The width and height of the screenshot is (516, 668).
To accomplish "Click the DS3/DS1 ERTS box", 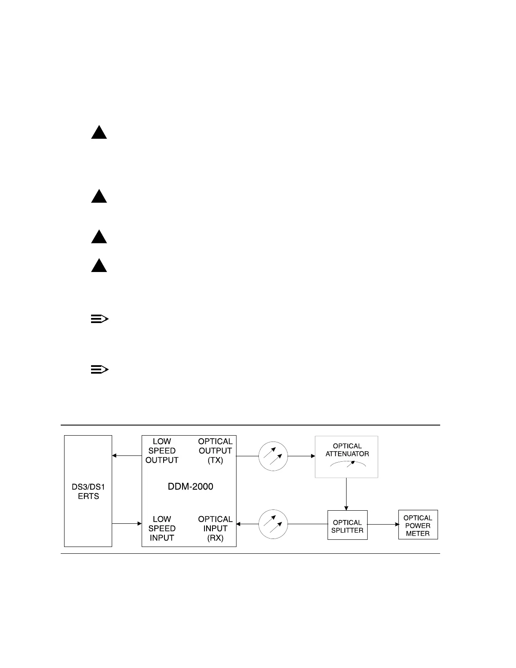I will pyautogui.click(x=88, y=491).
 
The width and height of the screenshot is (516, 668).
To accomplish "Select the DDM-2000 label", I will pyautogui.click(x=191, y=487).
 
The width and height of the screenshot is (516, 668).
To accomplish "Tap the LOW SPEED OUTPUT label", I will pyautogui.click(x=162, y=451).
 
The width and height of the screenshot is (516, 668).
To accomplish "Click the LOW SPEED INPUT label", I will pyautogui.click(x=162, y=528).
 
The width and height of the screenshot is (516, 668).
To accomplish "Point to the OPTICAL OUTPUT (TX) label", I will pyautogui.click(x=215, y=451).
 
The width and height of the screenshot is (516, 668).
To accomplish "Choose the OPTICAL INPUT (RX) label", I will pyautogui.click(x=215, y=528).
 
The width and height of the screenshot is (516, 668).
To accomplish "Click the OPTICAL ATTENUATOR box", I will pyautogui.click(x=347, y=457).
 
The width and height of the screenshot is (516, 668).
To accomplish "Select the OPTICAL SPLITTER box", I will pyautogui.click(x=347, y=525).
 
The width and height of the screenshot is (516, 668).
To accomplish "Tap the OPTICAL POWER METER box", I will pyautogui.click(x=418, y=525).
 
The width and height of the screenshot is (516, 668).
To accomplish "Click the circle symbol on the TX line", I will pyautogui.click(x=273, y=456).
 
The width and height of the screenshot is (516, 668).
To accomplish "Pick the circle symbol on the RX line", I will pyautogui.click(x=273, y=524).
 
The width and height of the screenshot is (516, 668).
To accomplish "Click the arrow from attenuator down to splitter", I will pyautogui.click(x=347, y=494).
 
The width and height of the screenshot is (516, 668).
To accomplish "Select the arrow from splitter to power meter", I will pyautogui.click(x=383, y=524).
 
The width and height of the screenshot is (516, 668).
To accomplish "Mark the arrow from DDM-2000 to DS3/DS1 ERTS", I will pyautogui.click(x=126, y=455).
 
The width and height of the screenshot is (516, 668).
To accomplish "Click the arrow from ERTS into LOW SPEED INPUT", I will pyautogui.click(x=126, y=524).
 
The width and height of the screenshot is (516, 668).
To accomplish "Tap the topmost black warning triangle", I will pyautogui.click(x=99, y=132).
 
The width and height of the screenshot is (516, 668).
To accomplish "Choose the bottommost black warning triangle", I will pyautogui.click(x=99, y=266).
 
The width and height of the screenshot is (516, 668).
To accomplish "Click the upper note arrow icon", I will pyautogui.click(x=99, y=319).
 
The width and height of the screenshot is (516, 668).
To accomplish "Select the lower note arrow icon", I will pyautogui.click(x=99, y=370).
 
